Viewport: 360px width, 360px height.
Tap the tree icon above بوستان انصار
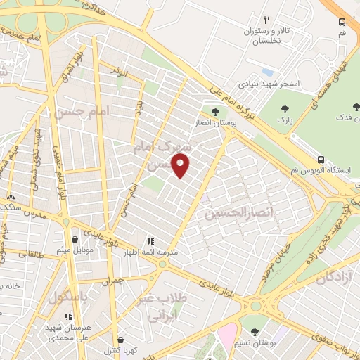tap(216, 110)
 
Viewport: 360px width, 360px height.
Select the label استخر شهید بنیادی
tap(269, 83)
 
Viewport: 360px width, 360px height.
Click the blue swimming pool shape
tap(266, 72)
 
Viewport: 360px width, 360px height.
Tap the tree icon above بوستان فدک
tap(356, 107)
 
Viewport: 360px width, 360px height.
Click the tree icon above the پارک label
tap(285, 108)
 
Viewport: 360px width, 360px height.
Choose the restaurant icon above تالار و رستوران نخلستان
tap(266, 20)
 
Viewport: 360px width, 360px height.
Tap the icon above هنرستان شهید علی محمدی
tap(67, 316)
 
